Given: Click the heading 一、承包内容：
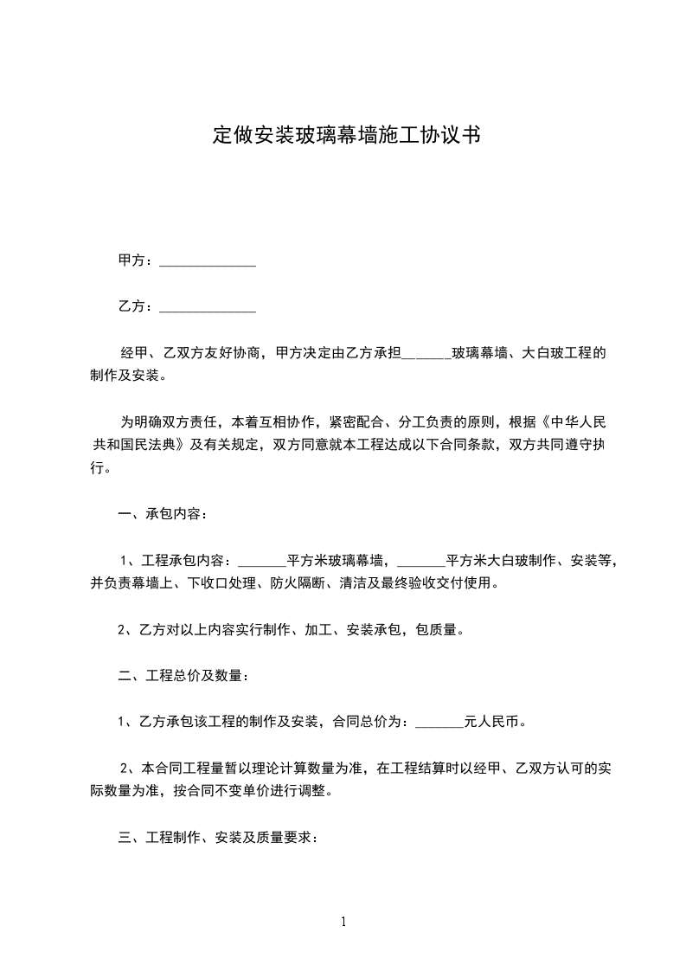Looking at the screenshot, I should pyautogui.click(x=163, y=515).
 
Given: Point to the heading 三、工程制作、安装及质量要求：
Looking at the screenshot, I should pyautogui.click(x=218, y=838).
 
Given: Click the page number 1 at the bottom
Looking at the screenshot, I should pyautogui.click(x=343, y=922).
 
